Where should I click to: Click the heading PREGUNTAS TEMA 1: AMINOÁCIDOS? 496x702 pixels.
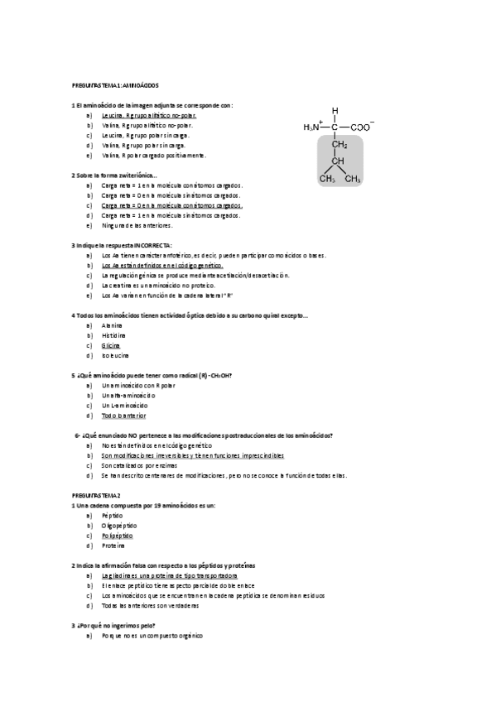(116, 85)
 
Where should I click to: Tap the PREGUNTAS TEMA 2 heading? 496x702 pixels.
(96, 493)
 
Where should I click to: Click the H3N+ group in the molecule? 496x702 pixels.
(313, 127)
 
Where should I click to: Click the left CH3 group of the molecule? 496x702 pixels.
(327, 178)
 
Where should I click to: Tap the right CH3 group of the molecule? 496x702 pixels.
(354, 178)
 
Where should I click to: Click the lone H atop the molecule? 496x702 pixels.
(335, 110)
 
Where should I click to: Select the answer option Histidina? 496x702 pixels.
(113, 336)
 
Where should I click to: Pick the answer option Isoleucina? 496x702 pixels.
(115, 356)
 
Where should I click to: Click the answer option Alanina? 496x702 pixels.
(112, 325)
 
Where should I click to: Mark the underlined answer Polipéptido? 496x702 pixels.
(117, 536)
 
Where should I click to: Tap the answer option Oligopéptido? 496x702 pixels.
(118, 525)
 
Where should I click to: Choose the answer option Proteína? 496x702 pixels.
(113, 546)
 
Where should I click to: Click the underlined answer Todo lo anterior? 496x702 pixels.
(123, 416)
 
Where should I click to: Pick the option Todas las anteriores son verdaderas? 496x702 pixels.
(150, 605)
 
